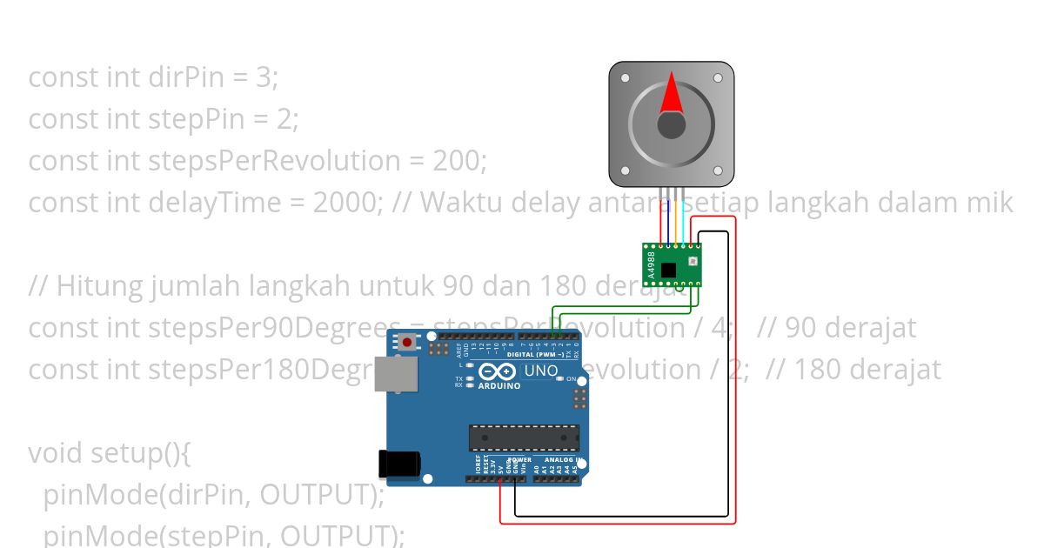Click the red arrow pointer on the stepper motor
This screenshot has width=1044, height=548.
coord(671,95)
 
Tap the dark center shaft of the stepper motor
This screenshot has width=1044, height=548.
coord(671,125)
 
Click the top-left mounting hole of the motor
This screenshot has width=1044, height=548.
coord(624,77)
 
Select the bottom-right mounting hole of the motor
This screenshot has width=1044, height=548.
coord(718,171)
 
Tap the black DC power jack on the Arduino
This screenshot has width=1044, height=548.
coord(399,464)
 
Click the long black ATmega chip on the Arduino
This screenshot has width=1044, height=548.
coord(524,438)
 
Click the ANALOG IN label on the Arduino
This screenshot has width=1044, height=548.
coord(561,459)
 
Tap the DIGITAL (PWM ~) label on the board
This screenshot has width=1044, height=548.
coord(535,355)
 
